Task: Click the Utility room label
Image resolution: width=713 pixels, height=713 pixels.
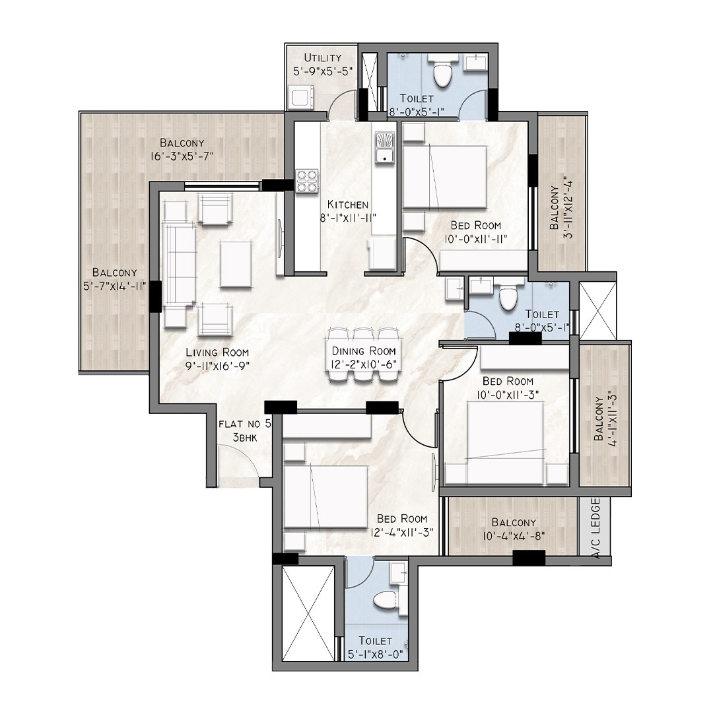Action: coord(323,58)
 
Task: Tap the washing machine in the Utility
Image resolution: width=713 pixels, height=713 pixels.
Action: coord(300,98)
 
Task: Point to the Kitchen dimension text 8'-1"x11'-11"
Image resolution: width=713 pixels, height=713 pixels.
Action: coord(348,219)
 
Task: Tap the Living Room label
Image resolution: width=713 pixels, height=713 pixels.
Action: coord(217,353)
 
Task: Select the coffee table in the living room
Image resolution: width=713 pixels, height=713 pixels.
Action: coord(236,264)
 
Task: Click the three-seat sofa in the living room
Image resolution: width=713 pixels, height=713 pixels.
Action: coord(179,265)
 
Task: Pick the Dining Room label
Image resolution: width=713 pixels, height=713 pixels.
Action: coord(364,351)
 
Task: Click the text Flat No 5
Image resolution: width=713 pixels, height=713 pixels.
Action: coord(245,424)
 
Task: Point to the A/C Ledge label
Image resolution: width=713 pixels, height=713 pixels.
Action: coord(596,528)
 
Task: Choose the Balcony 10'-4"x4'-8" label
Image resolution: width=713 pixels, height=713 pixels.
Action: coord(514,529)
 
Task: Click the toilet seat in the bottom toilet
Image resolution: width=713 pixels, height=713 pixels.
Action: coord(385,599)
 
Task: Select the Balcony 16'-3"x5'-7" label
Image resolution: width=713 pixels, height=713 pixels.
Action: coord(182,150)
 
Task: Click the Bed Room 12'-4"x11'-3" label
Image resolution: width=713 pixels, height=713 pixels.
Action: coord(402,526)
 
